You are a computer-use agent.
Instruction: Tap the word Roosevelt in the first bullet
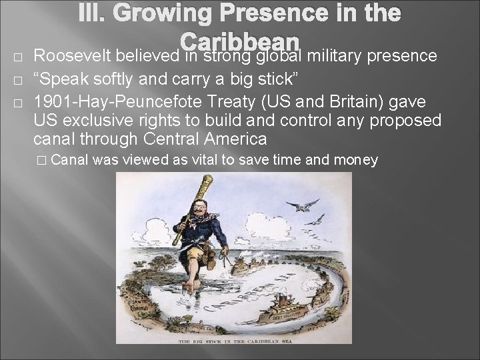click(72, 55)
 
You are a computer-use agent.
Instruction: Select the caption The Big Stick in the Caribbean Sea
click(239, 340)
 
